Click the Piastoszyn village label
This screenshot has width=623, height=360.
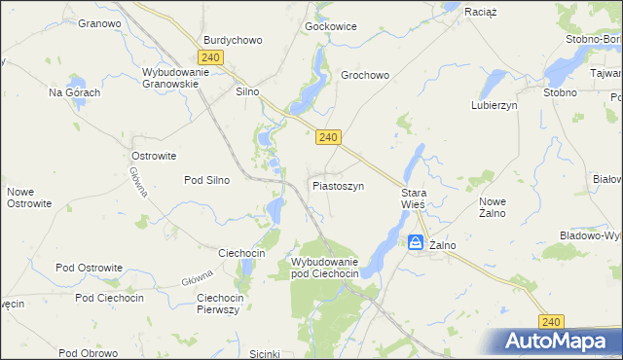(x=338, y=185)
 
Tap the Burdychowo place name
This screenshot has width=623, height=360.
(x=233, y=40)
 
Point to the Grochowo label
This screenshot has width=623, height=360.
(x=365, y=74)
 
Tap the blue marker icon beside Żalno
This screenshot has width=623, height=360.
(x=416, y=242)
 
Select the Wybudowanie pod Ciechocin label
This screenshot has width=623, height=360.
(x=325, y=269)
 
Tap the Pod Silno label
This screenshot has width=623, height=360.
(x=206, y=180)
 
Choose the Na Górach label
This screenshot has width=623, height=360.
(x=75, y=92)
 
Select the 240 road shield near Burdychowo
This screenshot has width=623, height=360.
(x=211, y=57)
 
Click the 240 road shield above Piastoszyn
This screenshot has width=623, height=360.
(x=328, y=138)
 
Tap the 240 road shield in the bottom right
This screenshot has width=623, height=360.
(x=551, y=321)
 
